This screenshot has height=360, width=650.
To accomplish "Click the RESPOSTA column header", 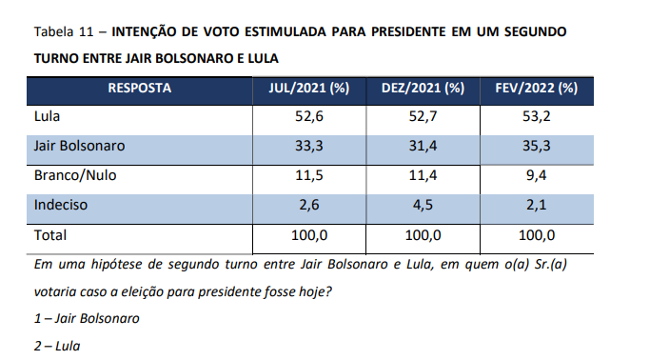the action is point(139,88).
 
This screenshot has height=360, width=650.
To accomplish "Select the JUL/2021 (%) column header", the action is point(309,88).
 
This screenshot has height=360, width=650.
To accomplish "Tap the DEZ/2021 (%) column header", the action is point(423,88).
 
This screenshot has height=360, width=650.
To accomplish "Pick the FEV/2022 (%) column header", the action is point(537,88).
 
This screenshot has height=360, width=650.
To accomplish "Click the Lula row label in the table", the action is point(47,116).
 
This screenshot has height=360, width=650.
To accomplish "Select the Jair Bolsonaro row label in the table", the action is point(79,146).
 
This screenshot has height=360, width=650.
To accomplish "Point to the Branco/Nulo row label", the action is point(75,175).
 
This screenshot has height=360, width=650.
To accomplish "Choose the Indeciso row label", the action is point(61,205).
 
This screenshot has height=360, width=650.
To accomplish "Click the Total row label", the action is point(50,235).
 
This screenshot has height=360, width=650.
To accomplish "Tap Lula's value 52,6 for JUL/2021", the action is point(309,116).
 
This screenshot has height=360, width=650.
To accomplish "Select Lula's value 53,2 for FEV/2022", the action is point(537,116).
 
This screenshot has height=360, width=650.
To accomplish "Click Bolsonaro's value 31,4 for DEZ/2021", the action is point(423,146).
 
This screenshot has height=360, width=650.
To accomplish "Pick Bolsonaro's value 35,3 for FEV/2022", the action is point(537,146).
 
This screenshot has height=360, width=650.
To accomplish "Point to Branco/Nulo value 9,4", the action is point(537,175).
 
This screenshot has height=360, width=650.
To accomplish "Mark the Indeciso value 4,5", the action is point(423,205).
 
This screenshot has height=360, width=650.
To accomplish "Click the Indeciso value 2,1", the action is point(537,205).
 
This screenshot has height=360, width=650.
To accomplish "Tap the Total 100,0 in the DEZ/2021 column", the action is point(423,235).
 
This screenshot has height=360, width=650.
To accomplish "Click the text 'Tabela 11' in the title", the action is point(64,32).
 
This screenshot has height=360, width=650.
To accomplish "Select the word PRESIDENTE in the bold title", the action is point(408,32).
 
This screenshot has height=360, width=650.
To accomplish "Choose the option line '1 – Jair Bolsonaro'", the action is point(87,318).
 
